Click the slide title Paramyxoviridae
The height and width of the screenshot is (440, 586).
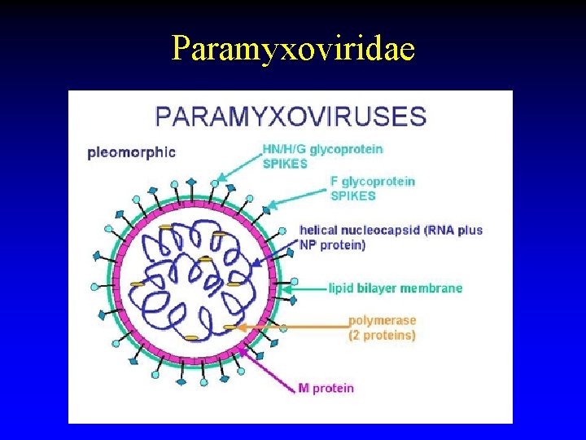293,49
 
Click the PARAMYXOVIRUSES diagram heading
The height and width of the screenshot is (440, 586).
290,116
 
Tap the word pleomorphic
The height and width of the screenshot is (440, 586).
132,152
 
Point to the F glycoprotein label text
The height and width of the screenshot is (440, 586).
373,182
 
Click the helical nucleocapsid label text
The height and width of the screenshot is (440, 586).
391,230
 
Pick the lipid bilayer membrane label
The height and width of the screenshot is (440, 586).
396,288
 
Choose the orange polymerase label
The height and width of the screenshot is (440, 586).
382,321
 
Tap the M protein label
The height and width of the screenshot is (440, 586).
326,388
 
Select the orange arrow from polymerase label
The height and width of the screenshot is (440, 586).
285,328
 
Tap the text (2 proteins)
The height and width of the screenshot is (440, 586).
382,335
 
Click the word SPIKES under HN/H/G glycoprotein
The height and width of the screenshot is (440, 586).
285,164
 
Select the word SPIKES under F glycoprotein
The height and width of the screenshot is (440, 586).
352,196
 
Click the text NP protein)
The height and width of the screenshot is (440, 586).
333,244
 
